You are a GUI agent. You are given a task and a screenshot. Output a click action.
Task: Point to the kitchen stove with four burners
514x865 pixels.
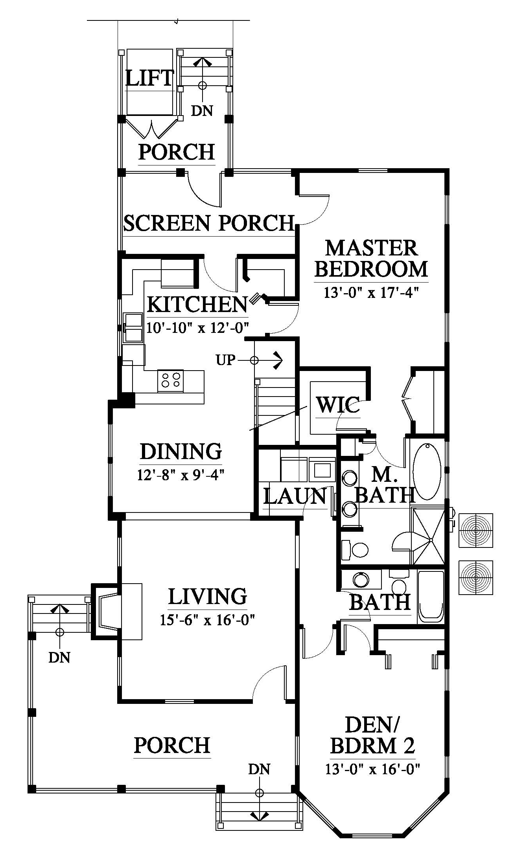(171, 380)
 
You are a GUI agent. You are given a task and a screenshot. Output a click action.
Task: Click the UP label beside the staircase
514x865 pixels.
(225, 360)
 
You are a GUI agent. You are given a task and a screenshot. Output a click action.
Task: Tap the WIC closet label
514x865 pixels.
(338, 405)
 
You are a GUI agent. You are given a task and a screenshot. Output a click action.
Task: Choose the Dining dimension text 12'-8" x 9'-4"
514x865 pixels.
(181, 475)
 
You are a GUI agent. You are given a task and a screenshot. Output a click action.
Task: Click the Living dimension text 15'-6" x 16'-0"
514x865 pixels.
(208, 620)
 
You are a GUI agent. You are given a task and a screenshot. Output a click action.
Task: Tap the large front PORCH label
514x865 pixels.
(172, 745)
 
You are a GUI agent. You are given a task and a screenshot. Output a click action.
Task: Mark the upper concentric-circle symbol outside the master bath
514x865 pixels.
(476, 531)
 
